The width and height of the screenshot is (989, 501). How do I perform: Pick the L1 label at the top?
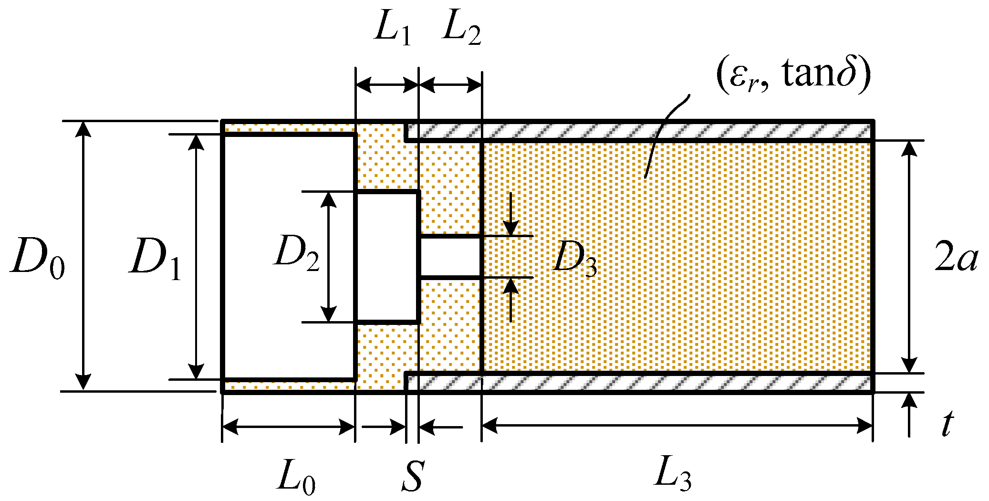click(392, 30)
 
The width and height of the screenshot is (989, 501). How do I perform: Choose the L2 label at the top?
click(461, 30)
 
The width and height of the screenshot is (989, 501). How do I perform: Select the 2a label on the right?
click(956, 259)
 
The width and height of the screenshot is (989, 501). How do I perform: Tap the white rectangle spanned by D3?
click(450, 257)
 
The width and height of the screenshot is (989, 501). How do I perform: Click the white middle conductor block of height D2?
click(387, 257)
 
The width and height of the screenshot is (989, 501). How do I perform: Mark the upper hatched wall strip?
click(639, 130)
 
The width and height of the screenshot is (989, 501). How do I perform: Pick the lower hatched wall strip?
click(639, 383)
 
